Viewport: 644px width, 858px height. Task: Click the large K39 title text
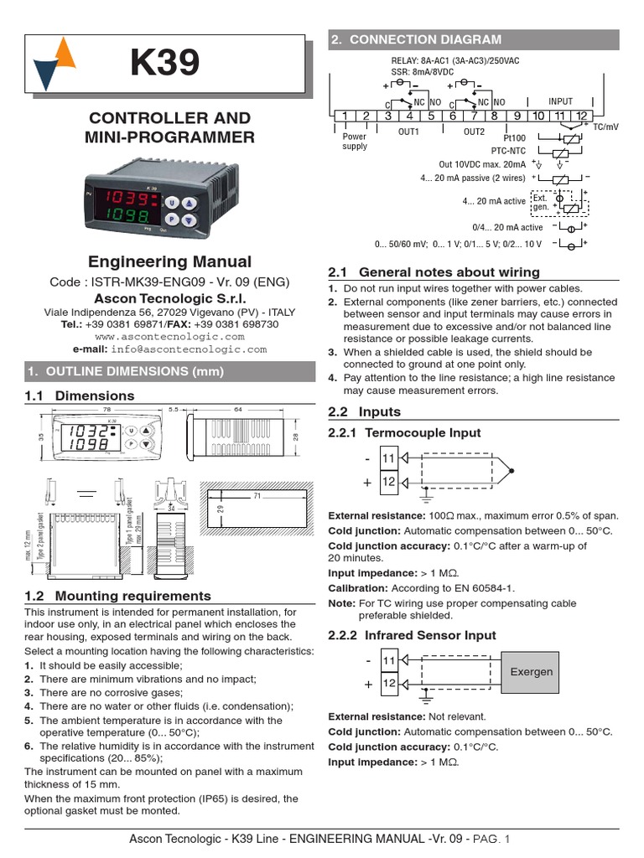pyautogui.click(x=165, y=65)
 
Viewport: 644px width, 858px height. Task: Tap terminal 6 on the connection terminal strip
pyautogui.click(x=452, y=116)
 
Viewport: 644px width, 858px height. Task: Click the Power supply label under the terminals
pyautogui.click(x=355, y=141)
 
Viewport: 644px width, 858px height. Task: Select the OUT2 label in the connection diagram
pyautogui.click(x=474, y=132)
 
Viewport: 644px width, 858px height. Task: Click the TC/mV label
pyautogui.click(x=605, y=127)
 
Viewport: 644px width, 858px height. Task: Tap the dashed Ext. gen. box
pyautogui.click(x=542, y=202)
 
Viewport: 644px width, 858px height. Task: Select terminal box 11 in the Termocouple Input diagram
pyautogui.click(x=388, y=458)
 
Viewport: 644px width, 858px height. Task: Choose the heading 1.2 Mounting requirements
pyautogui.click(x=118, y=596)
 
